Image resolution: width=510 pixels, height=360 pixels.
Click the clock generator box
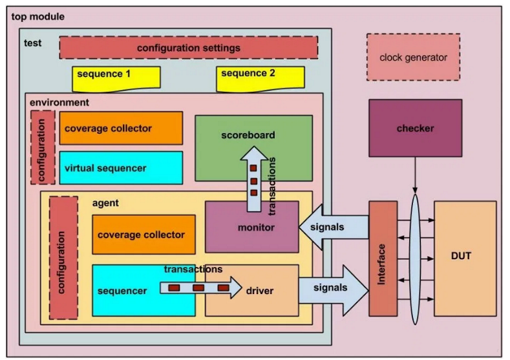point(413,58)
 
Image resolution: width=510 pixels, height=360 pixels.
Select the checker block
point(415,128)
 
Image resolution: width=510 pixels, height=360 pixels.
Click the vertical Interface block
point(383,259)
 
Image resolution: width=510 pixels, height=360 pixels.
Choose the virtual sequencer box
point(121,168)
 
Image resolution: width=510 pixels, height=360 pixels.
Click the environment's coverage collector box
point(121,128)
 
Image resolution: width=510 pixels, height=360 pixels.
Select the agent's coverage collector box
point(143,235)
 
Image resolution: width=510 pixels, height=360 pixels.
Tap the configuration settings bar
point(188,48)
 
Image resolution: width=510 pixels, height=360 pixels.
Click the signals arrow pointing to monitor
point(333,227)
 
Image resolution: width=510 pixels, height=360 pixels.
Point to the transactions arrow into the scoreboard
point(254,181)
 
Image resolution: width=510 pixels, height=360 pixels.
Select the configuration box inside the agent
point(63,257)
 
